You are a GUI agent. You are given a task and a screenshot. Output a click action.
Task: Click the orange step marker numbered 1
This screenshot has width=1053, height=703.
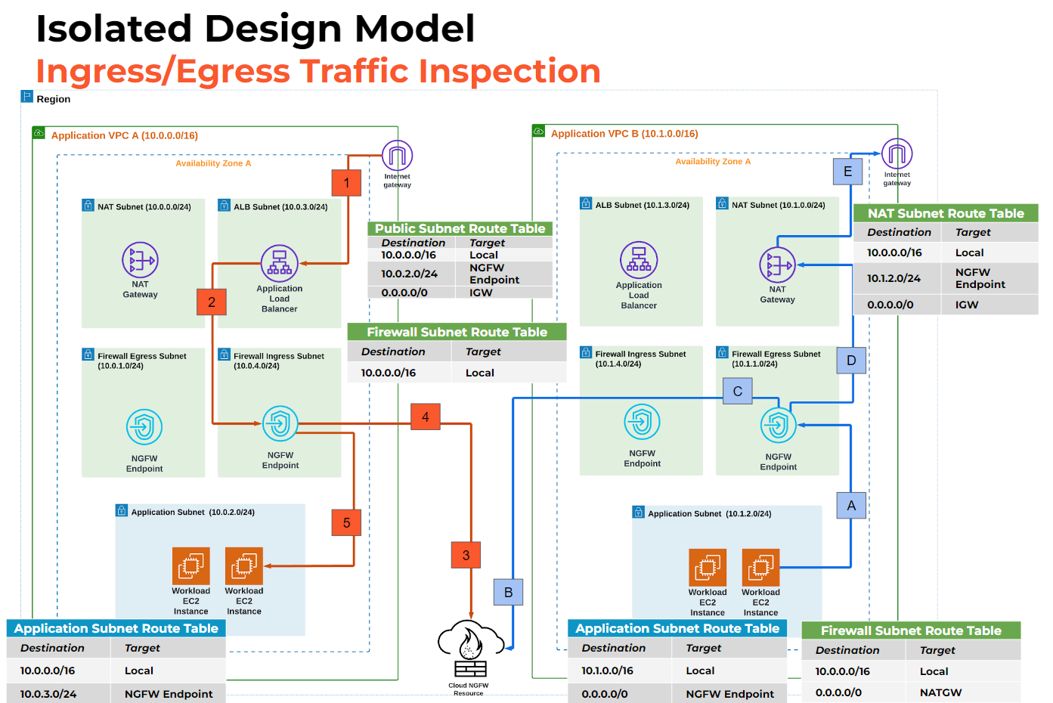[347, 182]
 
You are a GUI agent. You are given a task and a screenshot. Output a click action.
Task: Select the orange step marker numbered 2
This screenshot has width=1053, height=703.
[212, 302]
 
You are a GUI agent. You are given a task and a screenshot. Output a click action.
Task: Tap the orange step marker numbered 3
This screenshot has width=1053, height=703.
[466, 555]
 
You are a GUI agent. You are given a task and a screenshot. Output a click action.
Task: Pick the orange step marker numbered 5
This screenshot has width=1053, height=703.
[346, 522]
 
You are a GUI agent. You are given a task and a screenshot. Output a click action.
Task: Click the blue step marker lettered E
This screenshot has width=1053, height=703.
[847, 172]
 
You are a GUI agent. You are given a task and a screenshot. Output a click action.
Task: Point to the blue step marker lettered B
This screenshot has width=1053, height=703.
[508, 592]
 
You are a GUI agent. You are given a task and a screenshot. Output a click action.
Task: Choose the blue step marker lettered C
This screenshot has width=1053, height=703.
[737, 391]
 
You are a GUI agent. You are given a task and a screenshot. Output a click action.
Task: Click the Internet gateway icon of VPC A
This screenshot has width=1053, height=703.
[397, 156]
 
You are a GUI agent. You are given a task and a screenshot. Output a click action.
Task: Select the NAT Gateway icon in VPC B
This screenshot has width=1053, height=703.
[777, 265]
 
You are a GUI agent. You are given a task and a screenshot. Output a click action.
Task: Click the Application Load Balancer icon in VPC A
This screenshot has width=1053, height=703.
[280, 264]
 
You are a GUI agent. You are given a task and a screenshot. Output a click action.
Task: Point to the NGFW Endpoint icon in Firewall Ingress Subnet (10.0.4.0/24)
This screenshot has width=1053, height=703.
[280, 423]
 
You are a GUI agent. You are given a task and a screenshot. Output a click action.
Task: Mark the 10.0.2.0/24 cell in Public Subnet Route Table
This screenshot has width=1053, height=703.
[409, 274]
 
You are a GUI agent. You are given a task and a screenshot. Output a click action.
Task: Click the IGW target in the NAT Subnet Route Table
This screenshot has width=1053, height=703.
[966, 305]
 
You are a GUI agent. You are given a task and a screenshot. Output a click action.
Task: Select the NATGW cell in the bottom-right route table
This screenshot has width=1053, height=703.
[940, 692]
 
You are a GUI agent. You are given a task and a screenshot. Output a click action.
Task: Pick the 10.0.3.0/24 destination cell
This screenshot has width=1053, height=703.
[48, 694]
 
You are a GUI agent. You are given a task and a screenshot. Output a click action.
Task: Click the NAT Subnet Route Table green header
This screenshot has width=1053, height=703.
[946, 213]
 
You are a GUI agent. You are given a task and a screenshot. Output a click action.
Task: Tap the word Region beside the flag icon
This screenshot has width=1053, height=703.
[53, 99]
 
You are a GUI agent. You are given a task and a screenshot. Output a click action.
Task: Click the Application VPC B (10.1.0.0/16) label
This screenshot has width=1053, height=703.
[624, 134]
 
